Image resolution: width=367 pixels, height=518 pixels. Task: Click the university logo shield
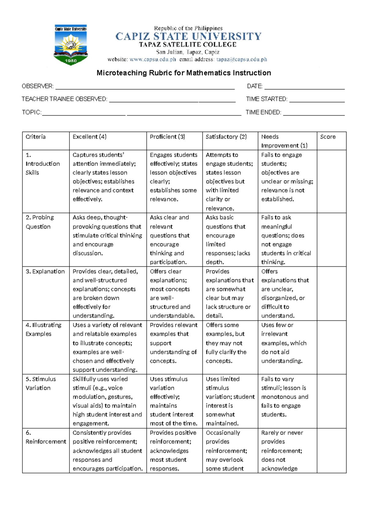coord(71,45)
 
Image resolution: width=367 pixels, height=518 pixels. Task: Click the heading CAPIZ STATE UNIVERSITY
coord(188,36)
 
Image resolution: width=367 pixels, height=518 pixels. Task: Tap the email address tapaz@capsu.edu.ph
coord(242,60)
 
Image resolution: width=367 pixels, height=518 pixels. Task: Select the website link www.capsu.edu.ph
coord(153,60)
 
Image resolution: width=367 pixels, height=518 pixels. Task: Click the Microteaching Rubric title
coord(183,73)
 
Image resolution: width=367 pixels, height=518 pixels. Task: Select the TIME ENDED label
coord(263,112)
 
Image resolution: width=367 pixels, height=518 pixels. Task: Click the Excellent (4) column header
coord(90,137)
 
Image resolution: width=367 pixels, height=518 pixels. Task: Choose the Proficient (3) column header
coord(167,137)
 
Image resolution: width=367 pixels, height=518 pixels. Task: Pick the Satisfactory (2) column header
coord(226,137)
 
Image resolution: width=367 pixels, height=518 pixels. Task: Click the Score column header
coord(328,137)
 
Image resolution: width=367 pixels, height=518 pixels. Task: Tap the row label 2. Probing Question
coord(40,222)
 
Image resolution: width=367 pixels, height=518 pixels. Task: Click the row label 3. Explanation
coord(45,272)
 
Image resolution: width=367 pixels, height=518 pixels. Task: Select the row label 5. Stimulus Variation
coord(41,383)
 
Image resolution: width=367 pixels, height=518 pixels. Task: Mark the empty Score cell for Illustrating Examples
coord(332,347)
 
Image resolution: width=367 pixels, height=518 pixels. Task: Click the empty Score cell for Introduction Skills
coord(332,181)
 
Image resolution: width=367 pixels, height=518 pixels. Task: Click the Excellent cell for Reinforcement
coord(108,451)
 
